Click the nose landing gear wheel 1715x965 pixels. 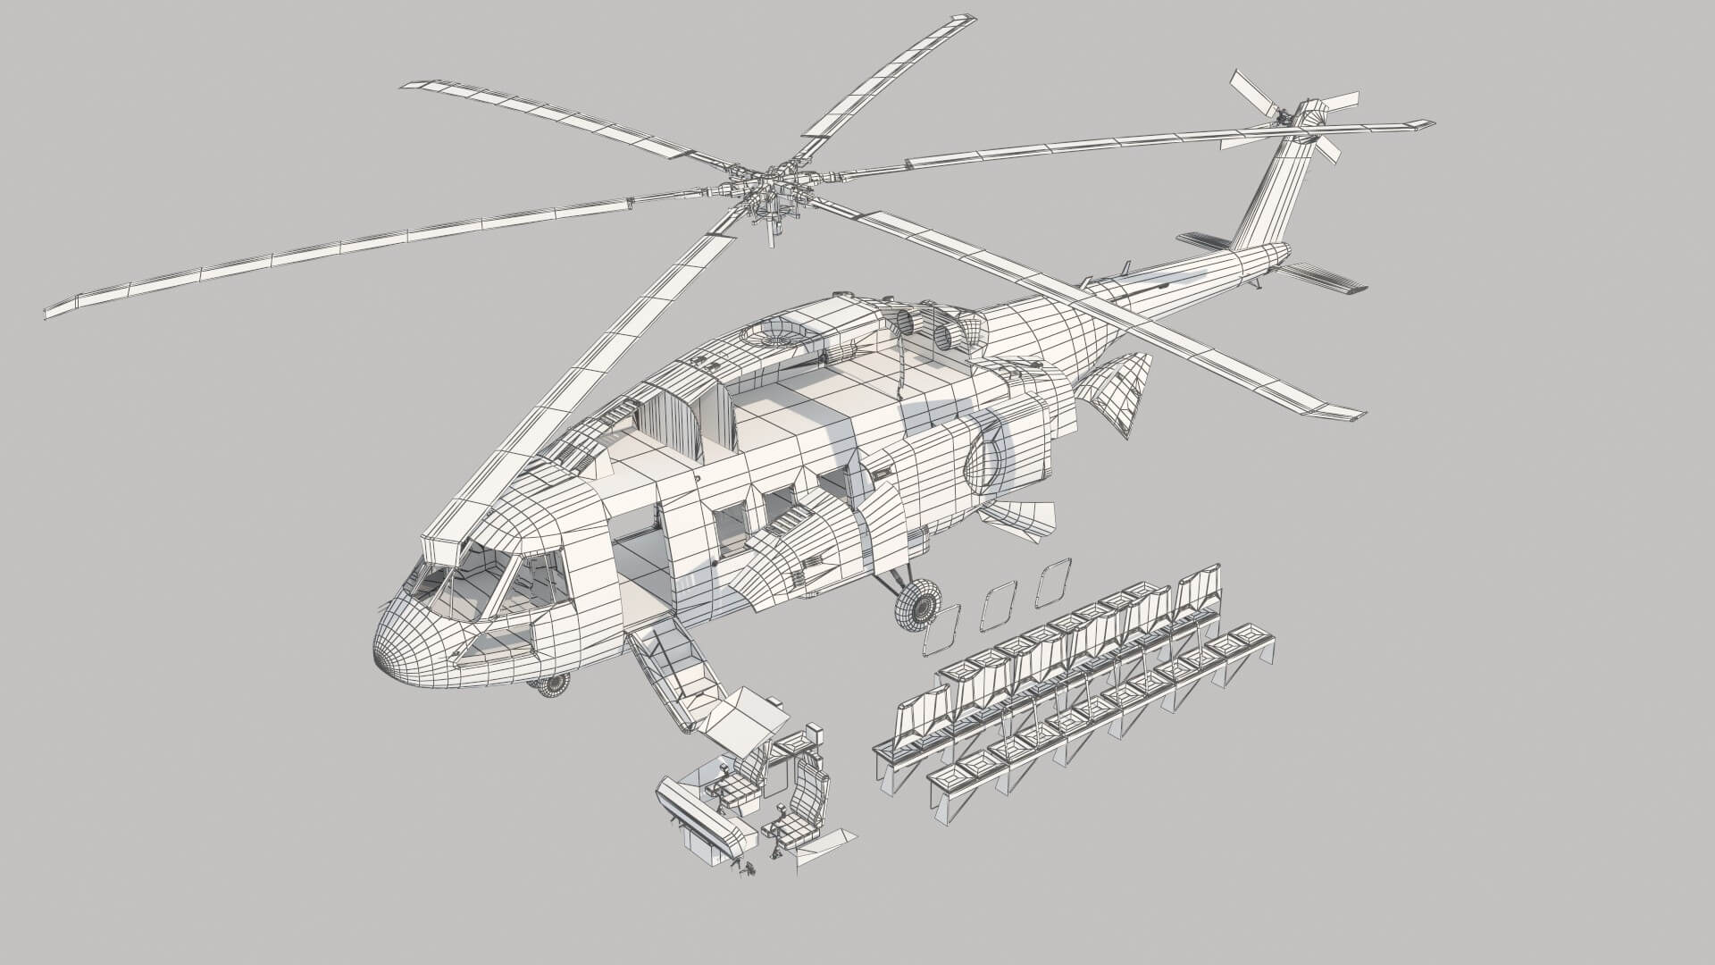[x=552, y=685]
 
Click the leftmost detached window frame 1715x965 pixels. [x=940, y=631]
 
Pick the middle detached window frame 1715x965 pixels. [x=997, y=605]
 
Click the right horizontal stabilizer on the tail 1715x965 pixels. [x=1322, y=278]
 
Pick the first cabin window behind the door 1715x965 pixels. [x=730, y=526]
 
